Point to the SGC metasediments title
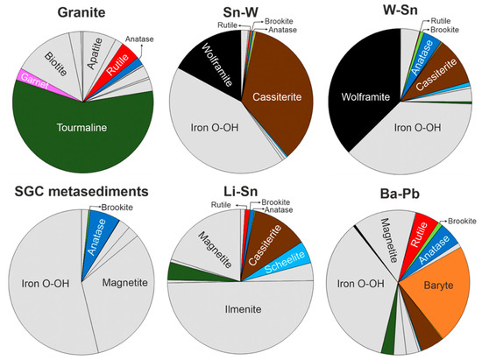coord(72,190)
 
